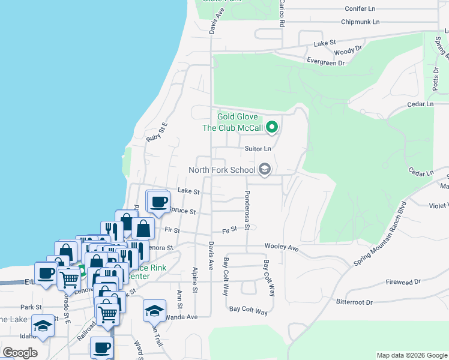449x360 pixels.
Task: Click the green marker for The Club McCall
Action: [272, 127]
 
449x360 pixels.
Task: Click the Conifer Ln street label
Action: [360, 9]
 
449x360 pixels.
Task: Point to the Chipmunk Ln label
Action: [360, 22]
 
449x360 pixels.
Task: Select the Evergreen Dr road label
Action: [325, 62]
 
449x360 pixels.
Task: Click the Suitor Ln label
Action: [258, 148]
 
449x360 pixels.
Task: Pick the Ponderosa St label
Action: [247, 211]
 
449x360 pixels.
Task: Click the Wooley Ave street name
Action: [282, 247]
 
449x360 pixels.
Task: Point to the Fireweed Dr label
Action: [402, 281]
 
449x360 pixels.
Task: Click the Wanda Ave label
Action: [181, 316]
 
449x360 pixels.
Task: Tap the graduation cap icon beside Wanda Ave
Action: [154, 310]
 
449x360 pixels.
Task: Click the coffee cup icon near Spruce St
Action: [158, 202]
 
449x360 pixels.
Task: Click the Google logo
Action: [20, 353]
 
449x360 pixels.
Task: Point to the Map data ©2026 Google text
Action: [411, 355]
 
